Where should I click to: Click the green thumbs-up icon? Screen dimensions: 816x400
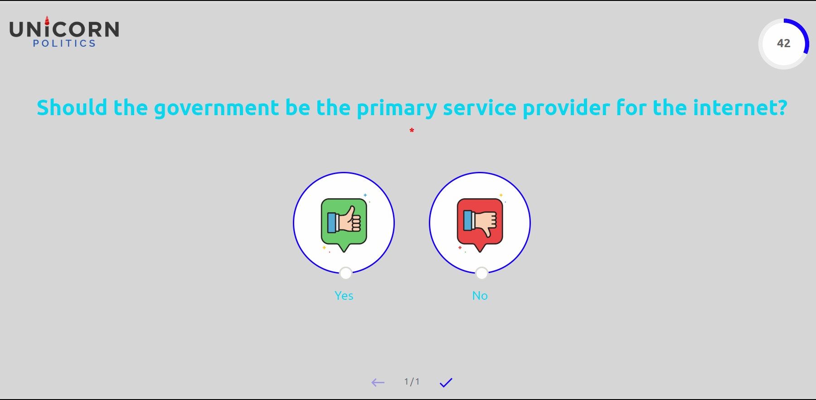click(344, 223)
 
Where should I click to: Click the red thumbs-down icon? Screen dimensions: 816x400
click(480, 223)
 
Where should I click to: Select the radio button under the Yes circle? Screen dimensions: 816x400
click(345, 273)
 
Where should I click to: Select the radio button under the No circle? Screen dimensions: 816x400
click(481, 273)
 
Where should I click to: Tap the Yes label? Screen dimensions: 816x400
click(344, 296)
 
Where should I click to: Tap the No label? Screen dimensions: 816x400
click(480, 296)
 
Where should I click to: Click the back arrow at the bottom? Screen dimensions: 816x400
click(378, 383)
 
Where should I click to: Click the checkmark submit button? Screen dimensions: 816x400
click(446, 383)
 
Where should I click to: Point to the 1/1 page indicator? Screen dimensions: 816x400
click(412, 382)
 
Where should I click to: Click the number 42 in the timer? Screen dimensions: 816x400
click(783, 43)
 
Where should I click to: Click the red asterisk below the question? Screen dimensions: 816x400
click(412, 131)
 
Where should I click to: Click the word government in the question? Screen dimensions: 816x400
click(217, 109)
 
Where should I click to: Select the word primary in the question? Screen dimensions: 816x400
click(397, 109)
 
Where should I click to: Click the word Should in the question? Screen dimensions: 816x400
click(72, 108)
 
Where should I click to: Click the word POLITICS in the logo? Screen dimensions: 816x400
click(64, 44)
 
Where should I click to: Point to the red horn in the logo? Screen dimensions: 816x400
click(47, 20)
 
